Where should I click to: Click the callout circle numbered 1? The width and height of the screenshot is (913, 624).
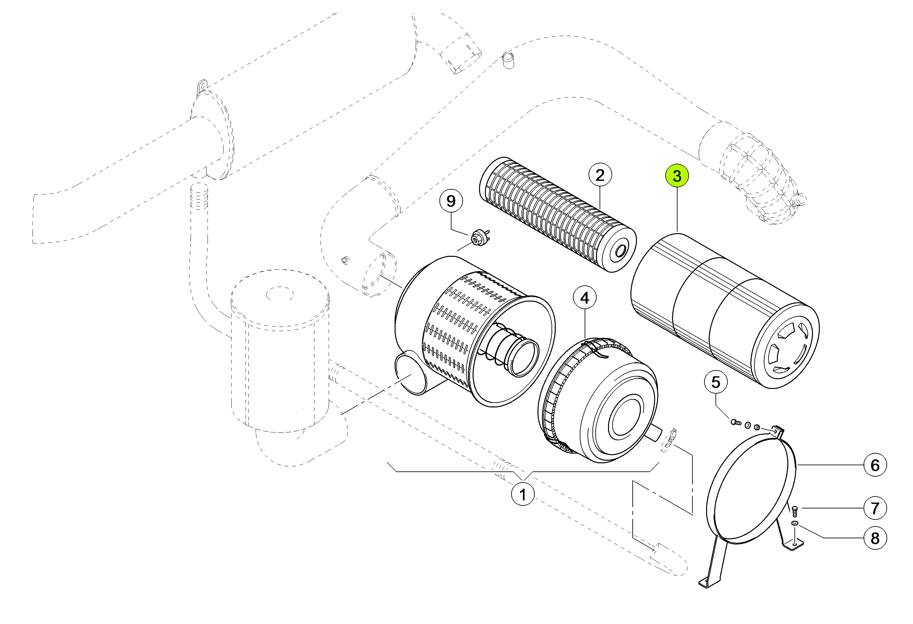point(523,494)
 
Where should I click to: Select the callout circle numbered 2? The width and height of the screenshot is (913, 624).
point(600,175)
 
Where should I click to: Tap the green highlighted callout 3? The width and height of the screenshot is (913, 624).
point(677,176)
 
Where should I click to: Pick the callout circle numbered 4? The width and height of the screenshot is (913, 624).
point(585,298)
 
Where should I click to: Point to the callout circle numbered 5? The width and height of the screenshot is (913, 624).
point(716,382)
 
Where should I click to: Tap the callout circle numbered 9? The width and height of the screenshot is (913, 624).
point(450,201)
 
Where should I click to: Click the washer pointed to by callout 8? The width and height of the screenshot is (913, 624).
point(795,523)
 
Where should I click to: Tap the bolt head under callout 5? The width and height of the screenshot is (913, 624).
point(734,422)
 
